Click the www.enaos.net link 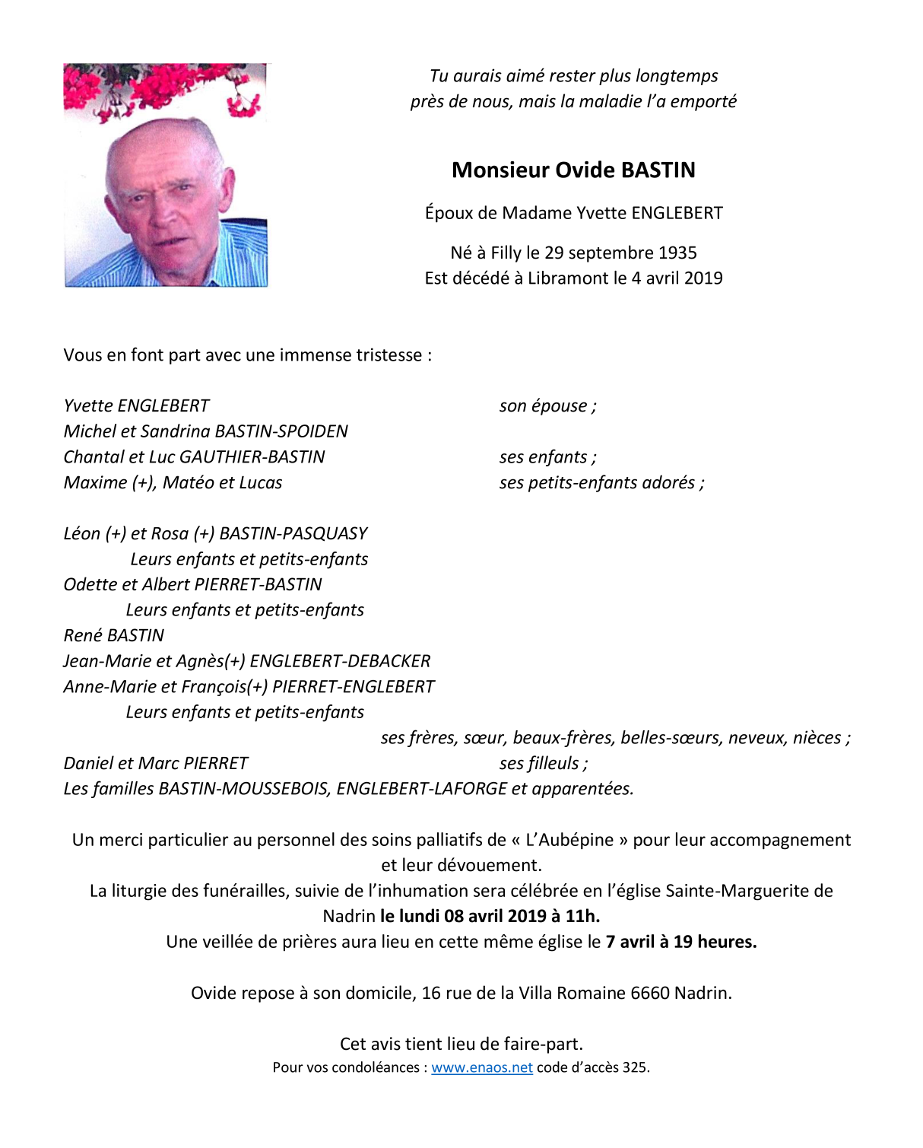(481, 1067)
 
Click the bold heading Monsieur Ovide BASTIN (573, 170)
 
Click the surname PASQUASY (331, 533)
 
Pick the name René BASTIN (114, 635)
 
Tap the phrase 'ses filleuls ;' (543, 763)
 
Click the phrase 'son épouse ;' (547, 405)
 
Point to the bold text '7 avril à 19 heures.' (681, 942)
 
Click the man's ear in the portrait (226, 186)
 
